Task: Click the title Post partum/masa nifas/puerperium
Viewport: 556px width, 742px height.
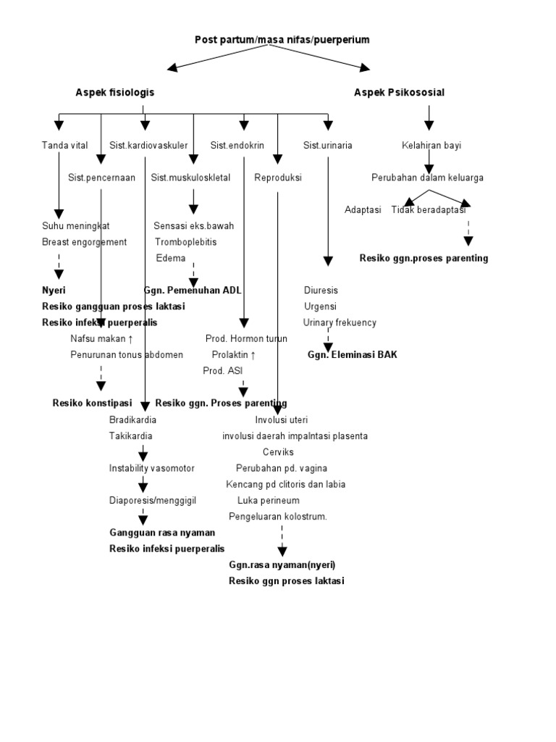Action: [x=282, y=40]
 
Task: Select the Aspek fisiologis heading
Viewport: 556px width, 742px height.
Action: [x=115, y=93]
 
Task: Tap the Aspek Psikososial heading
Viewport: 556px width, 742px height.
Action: [x=399, y=93]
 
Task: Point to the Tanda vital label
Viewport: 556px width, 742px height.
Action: [x=64, y=146]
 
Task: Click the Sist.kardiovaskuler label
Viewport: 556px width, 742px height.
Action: [x=148, y=146]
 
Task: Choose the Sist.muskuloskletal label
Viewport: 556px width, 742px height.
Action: [x=190, y=178]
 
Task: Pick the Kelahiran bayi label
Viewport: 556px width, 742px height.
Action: [x=431, y=146]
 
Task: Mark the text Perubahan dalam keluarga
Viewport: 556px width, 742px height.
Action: [x=427, y=178]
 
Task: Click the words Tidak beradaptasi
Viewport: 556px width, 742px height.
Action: [x=428, y=209]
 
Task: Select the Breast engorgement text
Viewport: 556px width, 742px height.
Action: [x=84, y=242]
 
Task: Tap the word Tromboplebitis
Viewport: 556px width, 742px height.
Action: [x=185, y=242]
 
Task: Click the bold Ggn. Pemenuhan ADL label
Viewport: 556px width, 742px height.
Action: [x=193, y=290]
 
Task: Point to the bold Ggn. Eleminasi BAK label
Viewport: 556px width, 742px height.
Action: [x=352, y=355]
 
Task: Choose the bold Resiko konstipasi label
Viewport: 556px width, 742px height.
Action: [x=92, y=403]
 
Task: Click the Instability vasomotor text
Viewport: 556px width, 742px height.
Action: [x=152, y=468]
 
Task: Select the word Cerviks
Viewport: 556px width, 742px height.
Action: [x=278, y=452]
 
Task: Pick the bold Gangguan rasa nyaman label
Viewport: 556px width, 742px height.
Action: [x=162, y=533]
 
